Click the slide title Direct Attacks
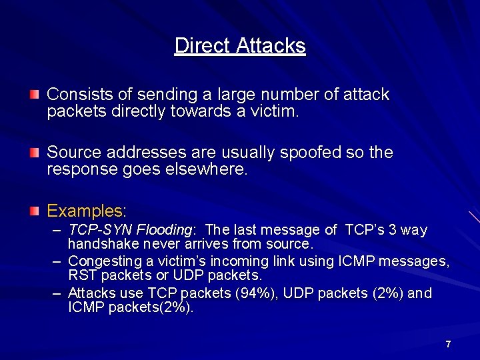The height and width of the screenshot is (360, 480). coord(240,45)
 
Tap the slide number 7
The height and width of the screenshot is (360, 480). coord(448,344)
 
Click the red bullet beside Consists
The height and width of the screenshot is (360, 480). coord(34,95)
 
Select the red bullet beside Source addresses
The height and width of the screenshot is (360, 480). coord(34,153)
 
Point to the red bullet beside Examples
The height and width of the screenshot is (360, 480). coord(34,212)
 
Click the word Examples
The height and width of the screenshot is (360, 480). coord(85,211)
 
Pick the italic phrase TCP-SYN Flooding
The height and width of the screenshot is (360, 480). coord(130,230)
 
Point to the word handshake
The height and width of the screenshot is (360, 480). coord(101,244)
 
